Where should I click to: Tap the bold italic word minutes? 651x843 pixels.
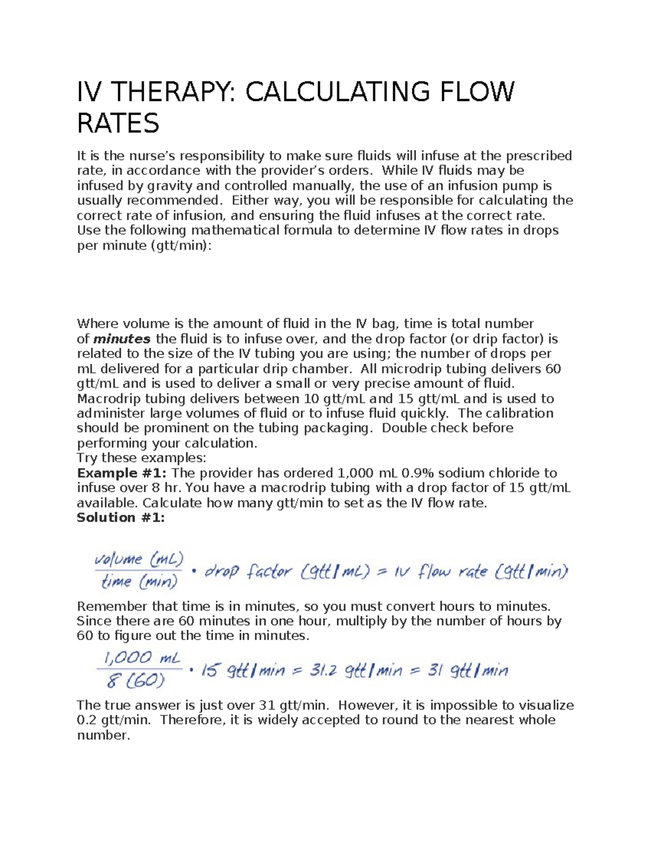[122, 339]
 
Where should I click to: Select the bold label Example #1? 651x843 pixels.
[122, 473]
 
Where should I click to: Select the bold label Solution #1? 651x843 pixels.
[120, 517]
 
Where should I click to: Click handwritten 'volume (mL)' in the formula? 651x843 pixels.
[139, 559]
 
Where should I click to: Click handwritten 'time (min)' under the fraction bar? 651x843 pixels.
[139, 582]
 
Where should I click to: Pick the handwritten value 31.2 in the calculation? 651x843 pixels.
[323, 671]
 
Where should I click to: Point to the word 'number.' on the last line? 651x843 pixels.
[104, 736]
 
